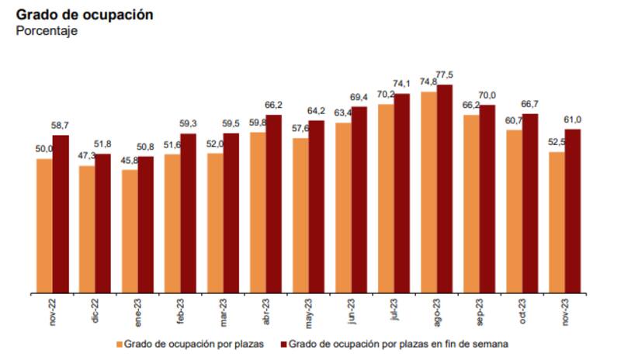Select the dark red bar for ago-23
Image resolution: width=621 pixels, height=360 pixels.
click(x=445, y=189)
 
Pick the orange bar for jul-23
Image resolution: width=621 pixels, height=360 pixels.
click(x=386, y=199)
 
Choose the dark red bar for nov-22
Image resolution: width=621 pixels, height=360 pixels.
click(x=61, y=214)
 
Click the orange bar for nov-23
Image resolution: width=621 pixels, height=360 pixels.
click(x=557, y=223)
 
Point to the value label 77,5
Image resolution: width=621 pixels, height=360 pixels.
click(x=445, y=75)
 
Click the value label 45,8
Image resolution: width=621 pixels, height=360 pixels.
click(x=130, y=161)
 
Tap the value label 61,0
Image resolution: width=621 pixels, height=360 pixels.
click(x=573, y=119)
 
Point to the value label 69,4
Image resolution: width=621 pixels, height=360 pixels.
click(x=359, y=98)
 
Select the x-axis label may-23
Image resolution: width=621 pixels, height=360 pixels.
click(x=309, y=312)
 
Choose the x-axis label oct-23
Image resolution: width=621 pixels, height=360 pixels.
click(x=522, y=313)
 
